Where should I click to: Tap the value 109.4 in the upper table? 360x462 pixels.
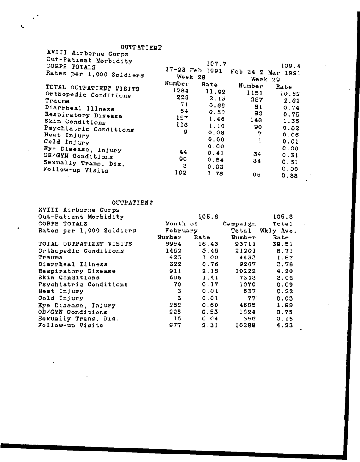pyautogui.click(x=291, y=66)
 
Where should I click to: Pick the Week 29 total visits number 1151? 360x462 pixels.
pyautogui.click(x=255, y=93)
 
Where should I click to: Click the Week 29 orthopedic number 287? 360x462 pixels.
pyautogui.click(x=257, y=100)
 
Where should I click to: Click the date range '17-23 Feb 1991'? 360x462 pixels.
pyautogui.click(x=194, y=70)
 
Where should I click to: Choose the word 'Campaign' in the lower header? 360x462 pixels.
pyautogui.click(x=239, y=224)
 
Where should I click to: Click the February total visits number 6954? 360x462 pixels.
pyautogui.click(x=173, y=244)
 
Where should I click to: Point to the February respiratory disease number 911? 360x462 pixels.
pyautogui.click(x=175, y=271)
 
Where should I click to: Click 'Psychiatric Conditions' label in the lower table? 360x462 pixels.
pyautogui.click(x=83, y=284)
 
